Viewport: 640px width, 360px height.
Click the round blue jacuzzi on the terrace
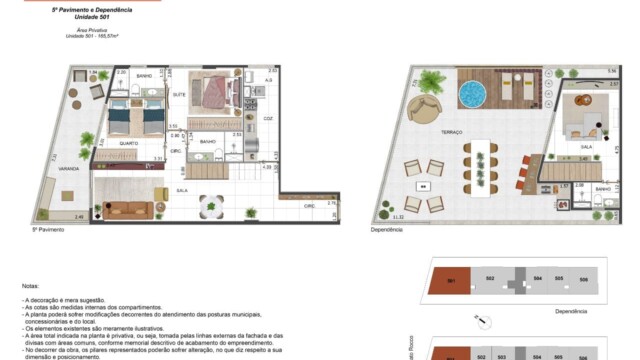point(472,93)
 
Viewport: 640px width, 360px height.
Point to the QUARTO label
point(129,143)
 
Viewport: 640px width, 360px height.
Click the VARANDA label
point(69,170)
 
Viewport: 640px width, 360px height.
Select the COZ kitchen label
point(268,117)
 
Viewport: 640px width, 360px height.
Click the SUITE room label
point(181,94)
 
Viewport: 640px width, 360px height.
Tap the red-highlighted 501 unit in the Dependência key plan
point(451,279)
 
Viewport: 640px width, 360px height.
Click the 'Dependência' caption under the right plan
point(386,229)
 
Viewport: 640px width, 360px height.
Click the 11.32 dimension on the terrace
point(398,217)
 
